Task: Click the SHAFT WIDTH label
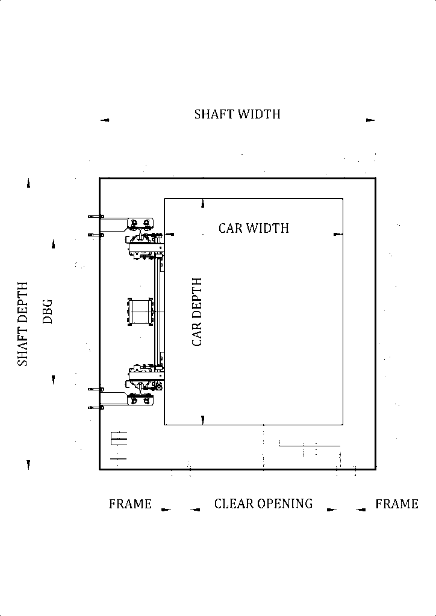tap(237, 114)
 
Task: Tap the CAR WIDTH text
tap(254, 228)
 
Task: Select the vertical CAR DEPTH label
tap(197, 312)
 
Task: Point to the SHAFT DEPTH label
tap(23, 324)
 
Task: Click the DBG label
tap(48, 312)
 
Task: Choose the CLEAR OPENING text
tap(263, 504)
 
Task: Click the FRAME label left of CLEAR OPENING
tap(130, 504)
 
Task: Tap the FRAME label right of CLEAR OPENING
tap(397, 504)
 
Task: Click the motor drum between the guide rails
tap(140, 312)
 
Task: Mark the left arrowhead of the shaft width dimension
tap(105, 120)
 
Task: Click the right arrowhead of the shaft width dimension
tap(370, 120)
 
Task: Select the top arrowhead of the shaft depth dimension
tap(28, 183)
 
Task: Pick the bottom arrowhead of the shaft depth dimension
tap(28, 465)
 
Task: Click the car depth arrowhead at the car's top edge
tap(203, 203)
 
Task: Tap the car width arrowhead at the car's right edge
tap(338, 234)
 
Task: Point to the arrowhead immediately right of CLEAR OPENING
tap(331, 510)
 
